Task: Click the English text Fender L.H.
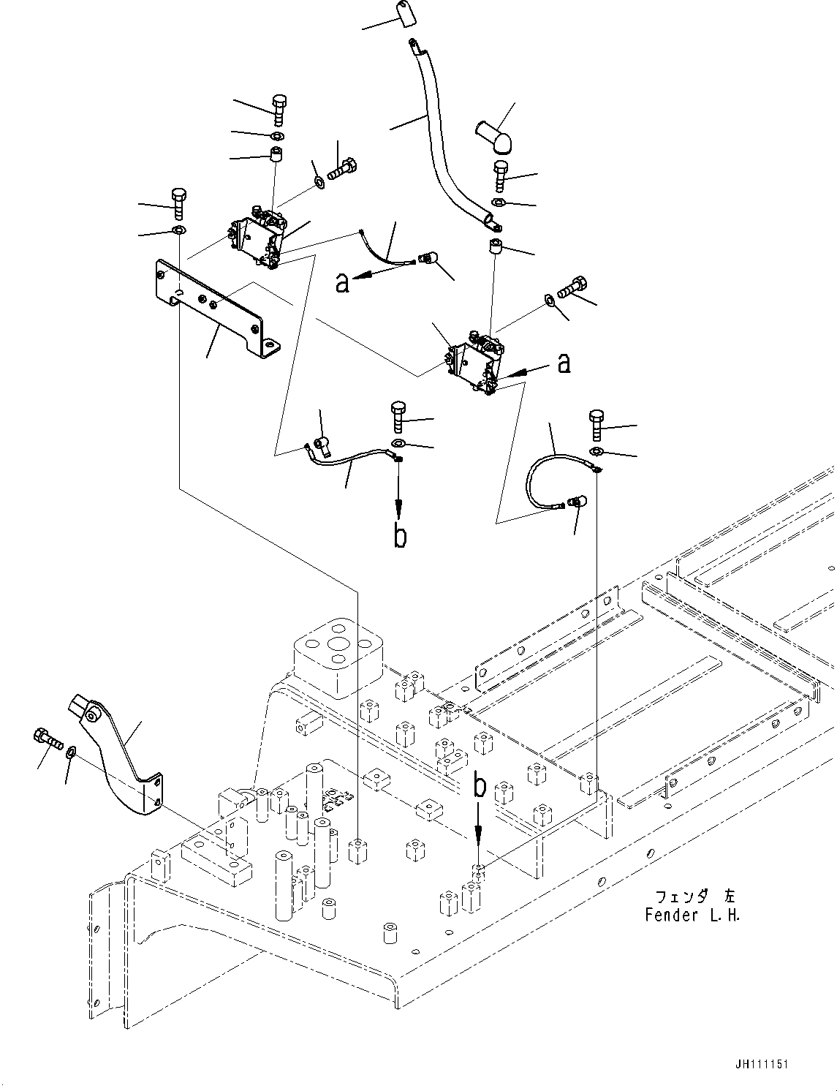[692, 915]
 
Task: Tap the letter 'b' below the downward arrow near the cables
[400, 536]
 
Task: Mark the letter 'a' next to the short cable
[342, 282]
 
